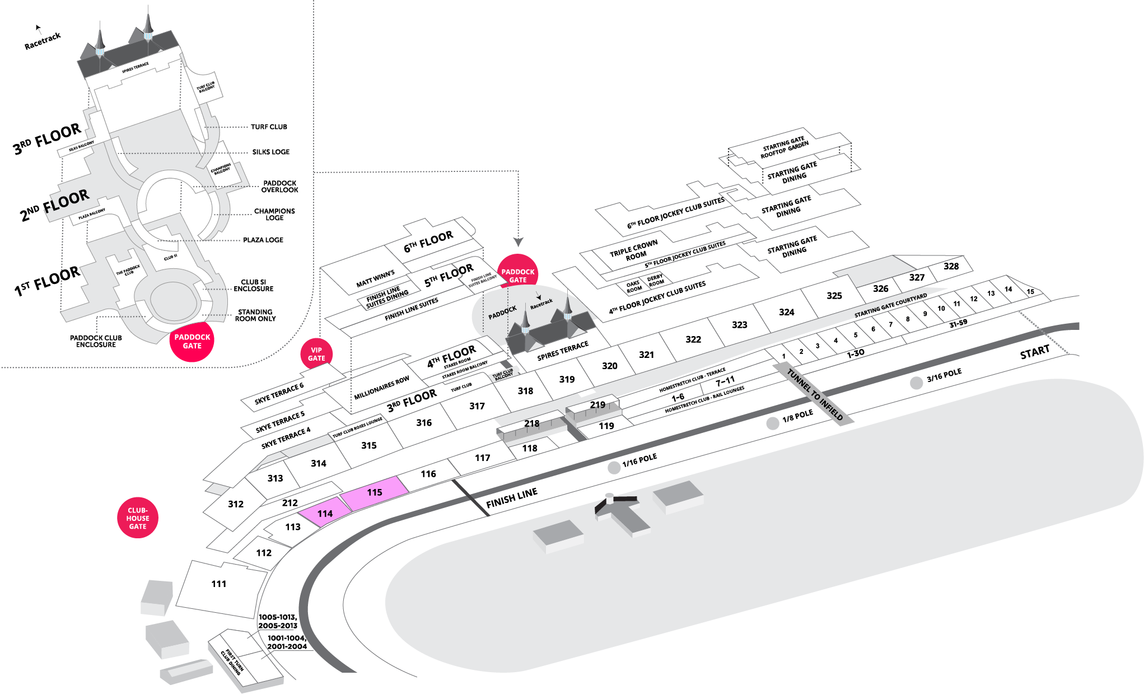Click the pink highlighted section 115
[x=374, y=493]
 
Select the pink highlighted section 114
[x=324, y=513]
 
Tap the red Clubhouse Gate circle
[x=138, y=518]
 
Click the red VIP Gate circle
[x=316, y=354]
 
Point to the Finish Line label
[x=511, y=497]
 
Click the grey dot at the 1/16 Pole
[x=614, y=468]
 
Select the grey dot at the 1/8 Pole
[x=773, y=423]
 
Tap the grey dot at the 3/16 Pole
[x=916, y=383]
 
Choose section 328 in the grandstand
[x=951, y=267]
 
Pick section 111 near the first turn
[x=219, y=584]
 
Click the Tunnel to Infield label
[x=814, y=394]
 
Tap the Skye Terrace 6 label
[x=279, y=393]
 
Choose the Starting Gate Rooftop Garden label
[x=784, y=147]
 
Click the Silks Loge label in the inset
[x=270, y=152]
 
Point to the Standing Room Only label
[x=255, y=315]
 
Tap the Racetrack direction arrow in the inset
[x=39, y=28]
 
